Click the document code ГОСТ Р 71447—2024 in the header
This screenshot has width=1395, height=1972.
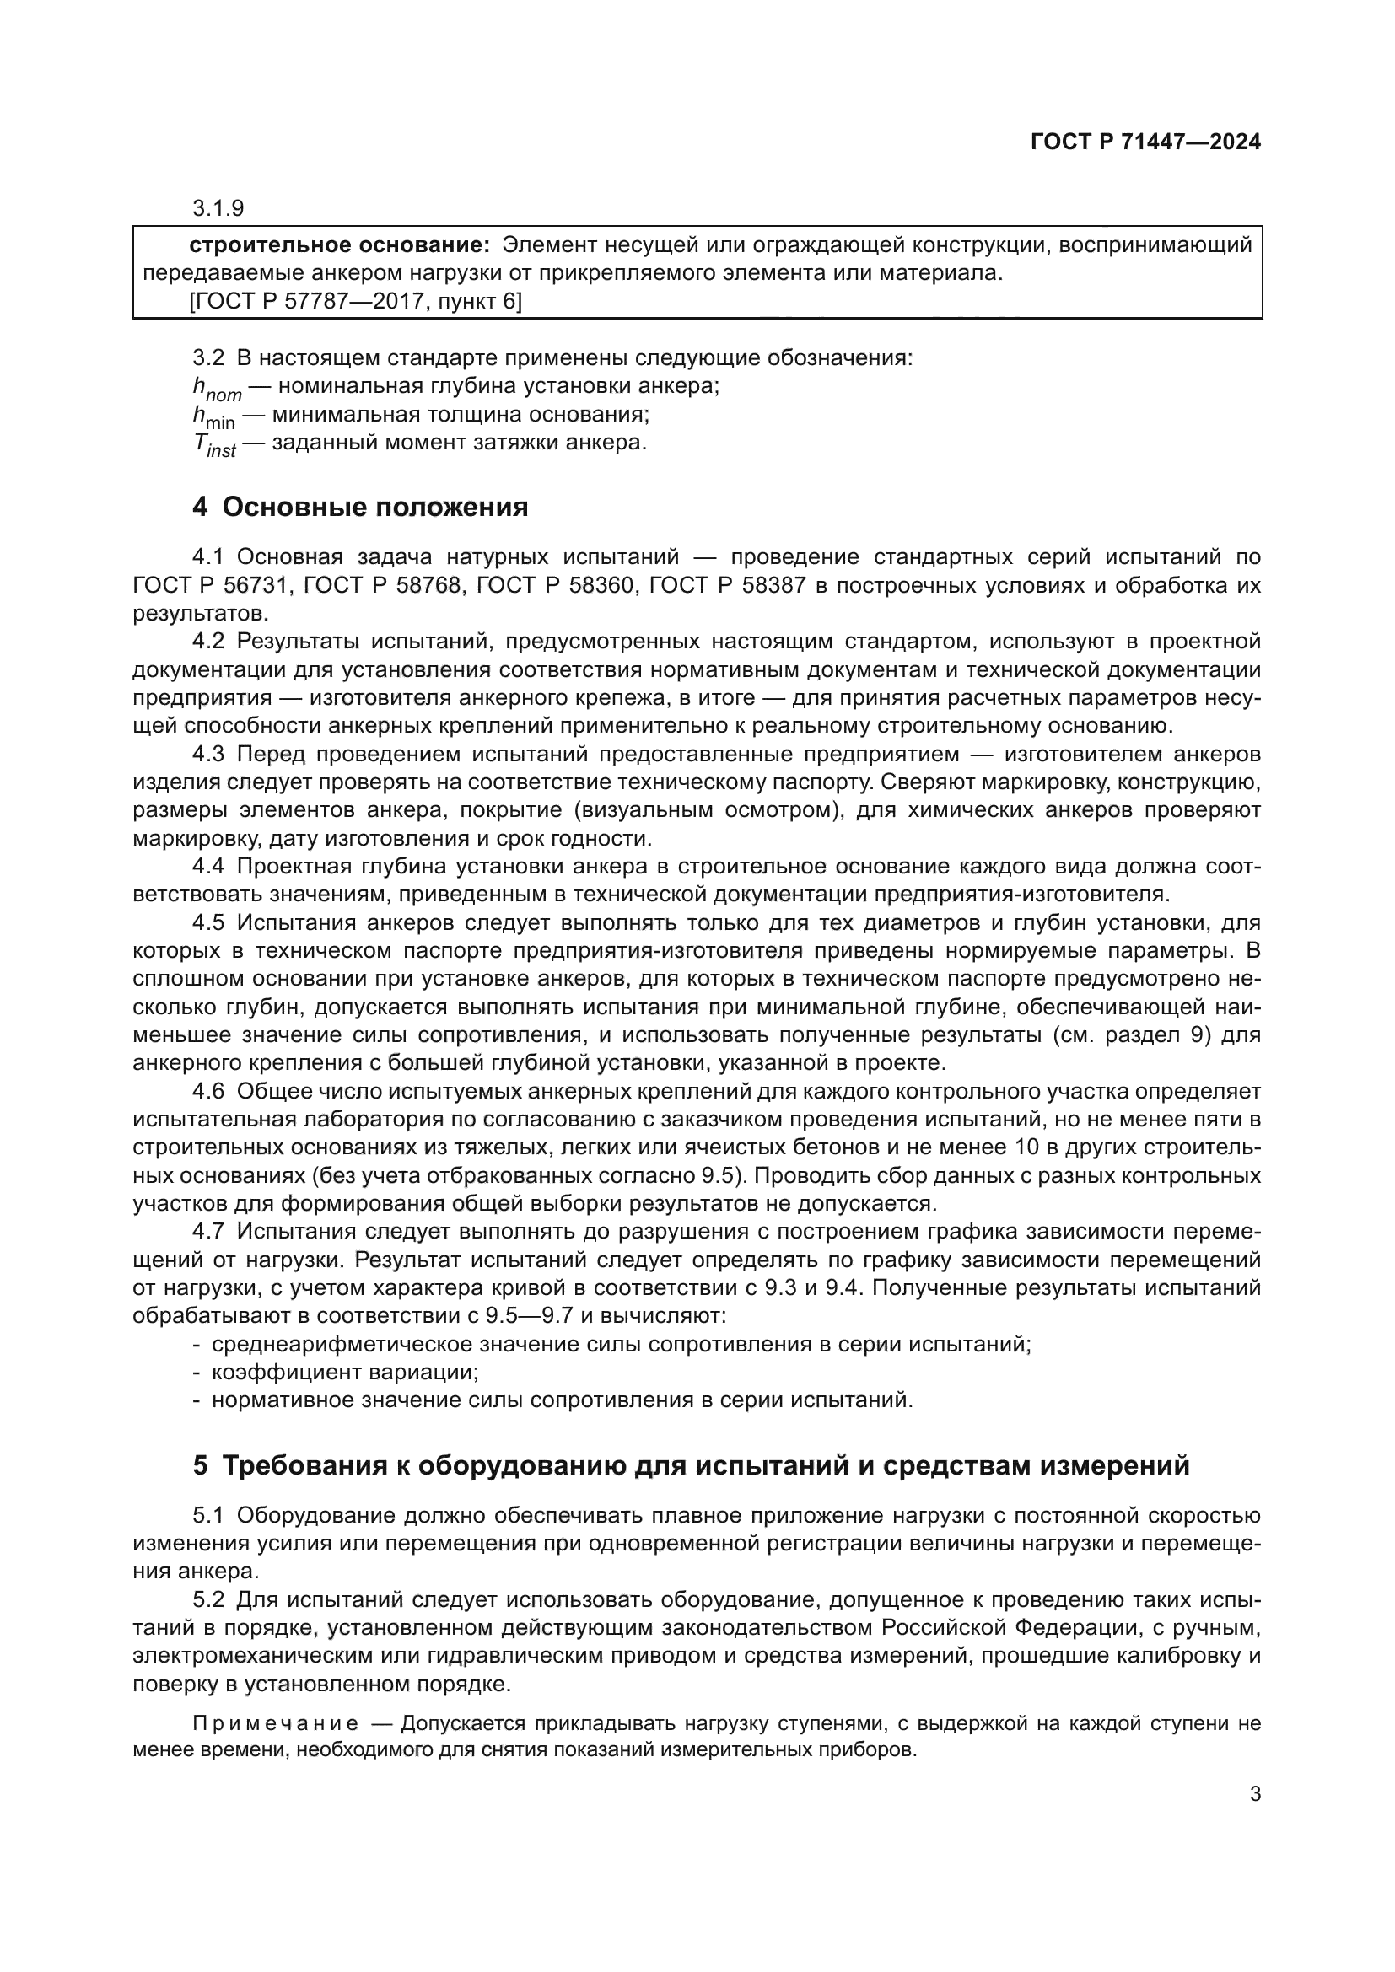pyautogui.click(x=1145, y=142)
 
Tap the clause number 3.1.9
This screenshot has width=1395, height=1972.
pyautogui.click(x=218, y=208)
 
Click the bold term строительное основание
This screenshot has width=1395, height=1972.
pyautogui.click(x=338, y=245)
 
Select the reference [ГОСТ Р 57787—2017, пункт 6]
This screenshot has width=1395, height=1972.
pyautogui.click(x=355, y=302)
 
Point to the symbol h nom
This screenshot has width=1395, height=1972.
pyautogui.click(x=217, y=388)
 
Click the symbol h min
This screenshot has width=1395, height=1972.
pyautogui.click(x=213, y=416)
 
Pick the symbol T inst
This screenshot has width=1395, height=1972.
pyautogui.click(x=214, y=445)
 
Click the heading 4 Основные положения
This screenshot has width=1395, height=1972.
pyautogui.click(x=360, y=508)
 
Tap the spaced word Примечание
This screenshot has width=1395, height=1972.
pyautogui.click(x=276, y=1724)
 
